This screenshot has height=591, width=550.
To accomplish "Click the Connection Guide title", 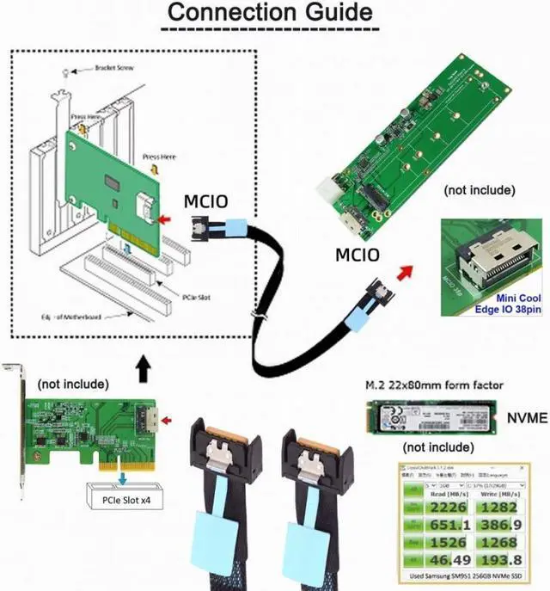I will tap(269, 14).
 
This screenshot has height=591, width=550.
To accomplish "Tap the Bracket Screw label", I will tap(114, 67).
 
